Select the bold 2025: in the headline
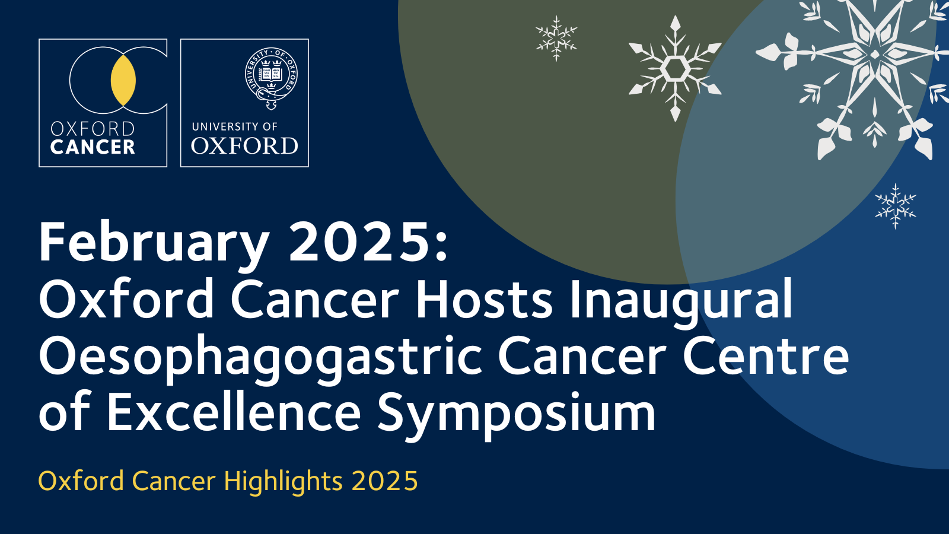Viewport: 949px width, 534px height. point(368,243)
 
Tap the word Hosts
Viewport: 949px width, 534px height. point(484,298)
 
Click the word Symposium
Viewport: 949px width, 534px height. point(516,414)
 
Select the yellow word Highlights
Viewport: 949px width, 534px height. point(283,481)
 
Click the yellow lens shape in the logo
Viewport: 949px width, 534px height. point(123,80)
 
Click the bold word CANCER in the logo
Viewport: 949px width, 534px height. point(93,147)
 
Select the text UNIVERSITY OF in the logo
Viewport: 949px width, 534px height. point(235,126)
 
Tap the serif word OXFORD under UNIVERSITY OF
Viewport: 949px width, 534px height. point(244,146)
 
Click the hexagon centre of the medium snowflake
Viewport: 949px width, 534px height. point(674,68)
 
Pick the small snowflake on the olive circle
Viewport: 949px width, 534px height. point(556,39)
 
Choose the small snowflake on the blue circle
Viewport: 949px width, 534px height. point(896,206)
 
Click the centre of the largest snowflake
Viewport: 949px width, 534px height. point(874,54)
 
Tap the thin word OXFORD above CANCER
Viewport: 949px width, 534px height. point(93,129)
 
